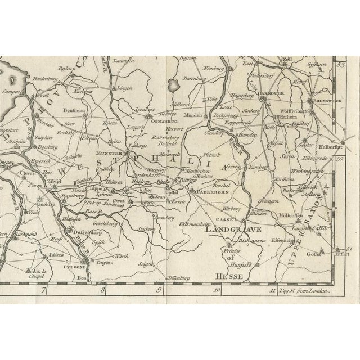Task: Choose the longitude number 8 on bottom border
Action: pyautogui.click(x=102, y=291)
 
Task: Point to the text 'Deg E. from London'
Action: pyautogui.click(x=307, y=291)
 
